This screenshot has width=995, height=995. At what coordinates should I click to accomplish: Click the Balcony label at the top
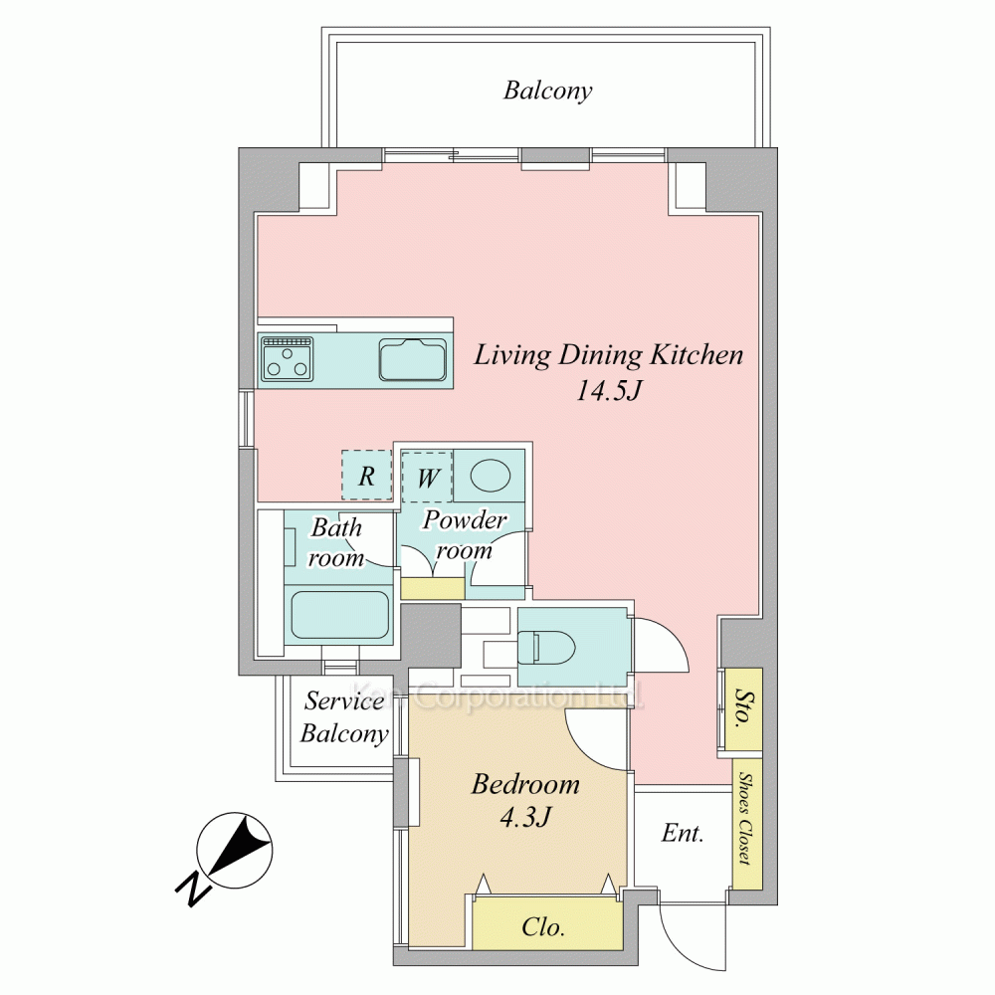(x=547, y=91)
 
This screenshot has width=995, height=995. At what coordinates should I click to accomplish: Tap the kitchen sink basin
(x=413, y=360)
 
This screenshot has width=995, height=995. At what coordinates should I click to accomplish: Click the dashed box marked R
(x=367, y=475)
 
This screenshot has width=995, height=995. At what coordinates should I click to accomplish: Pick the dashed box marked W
(x=427, y=477)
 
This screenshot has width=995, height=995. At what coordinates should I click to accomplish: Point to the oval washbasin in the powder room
(x=491, y=476)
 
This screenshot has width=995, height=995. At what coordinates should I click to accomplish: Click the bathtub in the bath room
(x=339, y=615)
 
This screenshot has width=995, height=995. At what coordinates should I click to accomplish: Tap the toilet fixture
(x=545, y=648)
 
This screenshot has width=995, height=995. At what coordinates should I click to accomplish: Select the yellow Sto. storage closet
(x=743, y=708)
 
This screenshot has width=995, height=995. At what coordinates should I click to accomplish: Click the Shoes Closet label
(x=746, y=819)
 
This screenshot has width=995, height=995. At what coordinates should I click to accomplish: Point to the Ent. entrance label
(x=683, y=833)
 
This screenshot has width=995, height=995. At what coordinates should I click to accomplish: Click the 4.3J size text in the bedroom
(x=525, y=817)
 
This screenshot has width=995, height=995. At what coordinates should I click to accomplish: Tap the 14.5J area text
(x=609, y=390)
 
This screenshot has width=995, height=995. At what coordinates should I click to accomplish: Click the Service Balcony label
(x=344, y=717)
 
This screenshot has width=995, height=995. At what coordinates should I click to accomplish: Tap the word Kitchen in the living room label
(x=696, y=355)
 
